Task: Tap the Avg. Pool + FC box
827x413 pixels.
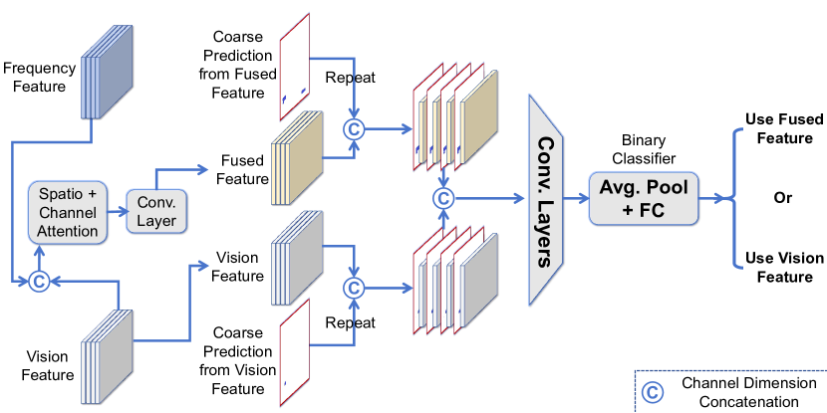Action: point(643,197)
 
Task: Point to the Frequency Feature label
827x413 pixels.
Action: point(40,78)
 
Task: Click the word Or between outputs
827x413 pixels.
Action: point(783,198)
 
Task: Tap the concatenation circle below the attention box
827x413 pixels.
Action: point(39,283)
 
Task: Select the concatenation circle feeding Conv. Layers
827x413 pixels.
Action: point(443,198)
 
